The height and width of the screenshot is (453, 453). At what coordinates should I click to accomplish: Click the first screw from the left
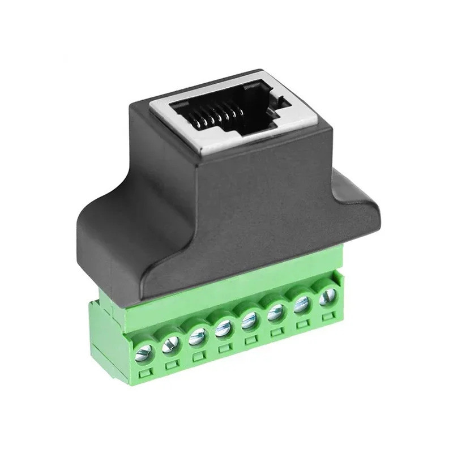coord(144,352)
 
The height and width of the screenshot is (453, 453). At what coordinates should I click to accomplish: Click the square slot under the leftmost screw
coord(146,373)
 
